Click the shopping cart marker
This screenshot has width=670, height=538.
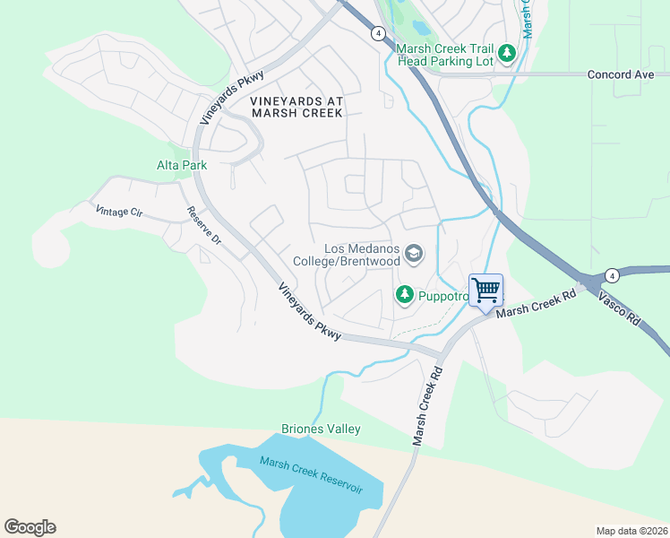point(485,291)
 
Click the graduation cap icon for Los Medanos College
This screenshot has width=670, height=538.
point(413,255)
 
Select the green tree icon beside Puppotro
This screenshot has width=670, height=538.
point(405,293)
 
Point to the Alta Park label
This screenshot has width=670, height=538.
point(182,165)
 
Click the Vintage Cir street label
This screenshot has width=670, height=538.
point(118,213)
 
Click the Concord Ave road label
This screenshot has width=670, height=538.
point(621,74)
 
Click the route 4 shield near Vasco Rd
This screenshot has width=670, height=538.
point(612,274)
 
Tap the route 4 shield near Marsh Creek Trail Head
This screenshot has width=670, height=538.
point(379,33)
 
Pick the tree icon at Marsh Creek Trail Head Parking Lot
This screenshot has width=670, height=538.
point(507,54)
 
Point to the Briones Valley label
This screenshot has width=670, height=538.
point(321,429)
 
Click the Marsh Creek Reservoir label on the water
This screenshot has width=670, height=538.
point(311,474)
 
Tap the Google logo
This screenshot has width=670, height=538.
point(30,527)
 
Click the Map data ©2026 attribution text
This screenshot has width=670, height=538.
point(631,531)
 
